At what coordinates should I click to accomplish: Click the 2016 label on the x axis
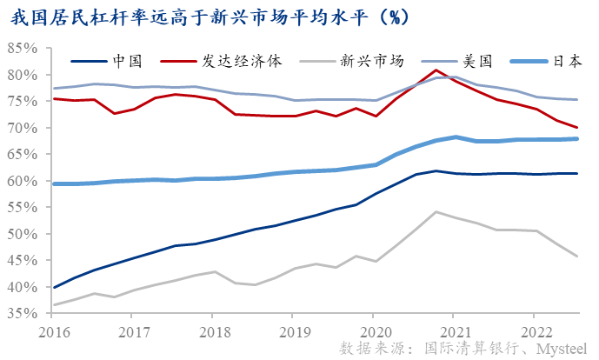pos(53,331)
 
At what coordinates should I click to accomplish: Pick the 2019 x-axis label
pos(296,331)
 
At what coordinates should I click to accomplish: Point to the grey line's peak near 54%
pos(436,211)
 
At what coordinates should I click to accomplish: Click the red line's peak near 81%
pos(436,70)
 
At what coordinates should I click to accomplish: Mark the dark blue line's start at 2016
pos(55,287)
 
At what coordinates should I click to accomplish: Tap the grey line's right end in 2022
pos(578,256)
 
